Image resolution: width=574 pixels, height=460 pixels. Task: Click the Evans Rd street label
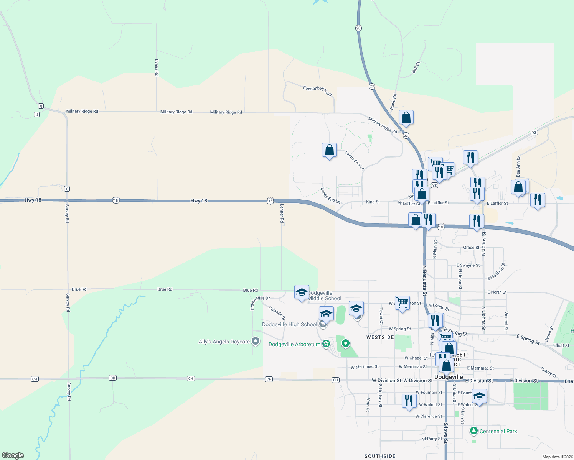point(157,67)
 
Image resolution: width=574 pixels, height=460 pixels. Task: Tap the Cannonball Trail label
point(317,90)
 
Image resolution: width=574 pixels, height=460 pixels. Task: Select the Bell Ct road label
point(416,67)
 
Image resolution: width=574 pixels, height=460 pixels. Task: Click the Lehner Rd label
point(282,213)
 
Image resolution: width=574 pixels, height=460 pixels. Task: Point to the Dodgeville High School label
point(289,324)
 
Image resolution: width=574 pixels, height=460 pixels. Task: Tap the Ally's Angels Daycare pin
point(256,341)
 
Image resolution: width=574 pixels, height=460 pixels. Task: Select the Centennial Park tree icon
point(474,431)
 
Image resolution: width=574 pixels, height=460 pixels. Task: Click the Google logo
point(13,455)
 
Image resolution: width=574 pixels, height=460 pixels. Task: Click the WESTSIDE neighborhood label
point(380,337)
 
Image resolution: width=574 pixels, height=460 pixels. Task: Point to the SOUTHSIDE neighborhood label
point(380,456)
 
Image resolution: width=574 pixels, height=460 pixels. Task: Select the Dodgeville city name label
point(449,377)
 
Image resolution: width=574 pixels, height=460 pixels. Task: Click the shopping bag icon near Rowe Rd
point(406,118)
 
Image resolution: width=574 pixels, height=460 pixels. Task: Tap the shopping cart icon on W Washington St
point(402,303)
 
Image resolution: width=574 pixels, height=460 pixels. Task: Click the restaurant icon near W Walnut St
point(409,401)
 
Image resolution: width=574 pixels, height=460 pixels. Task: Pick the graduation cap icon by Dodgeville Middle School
point(302,292)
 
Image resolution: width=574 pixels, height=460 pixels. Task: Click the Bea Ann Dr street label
point(518,166)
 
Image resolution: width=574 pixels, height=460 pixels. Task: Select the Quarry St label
point(548,372)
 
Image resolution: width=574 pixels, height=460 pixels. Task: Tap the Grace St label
point(471,248)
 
